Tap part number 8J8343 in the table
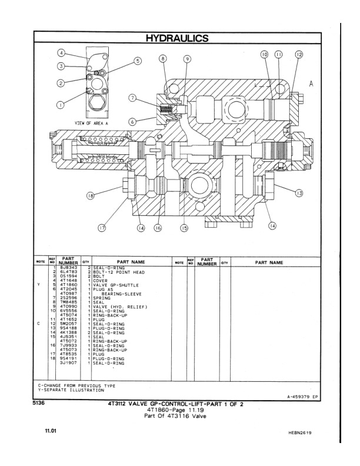68,268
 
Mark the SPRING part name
101,298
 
